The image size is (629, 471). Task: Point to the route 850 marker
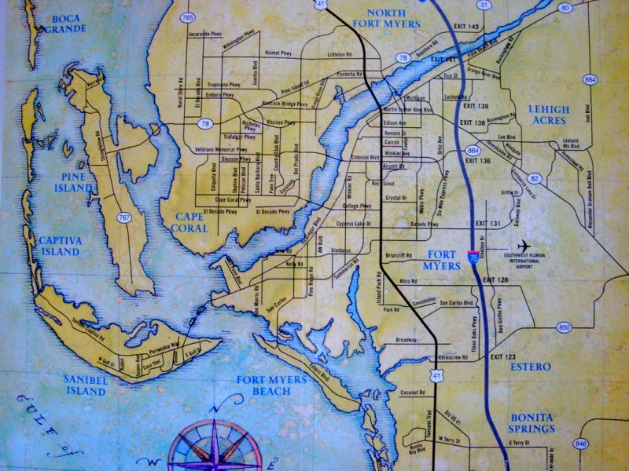point(563,327)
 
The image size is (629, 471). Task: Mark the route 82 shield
point(534,178)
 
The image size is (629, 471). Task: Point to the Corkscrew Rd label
point(453,356)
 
